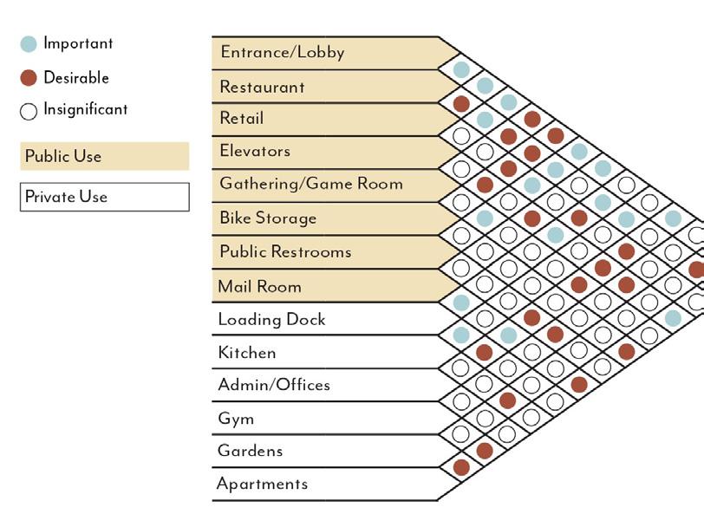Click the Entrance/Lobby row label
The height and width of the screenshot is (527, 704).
pos(283,52)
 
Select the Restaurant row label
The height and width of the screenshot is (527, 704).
pos(262,87)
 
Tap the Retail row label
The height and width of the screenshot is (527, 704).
pos(242,119)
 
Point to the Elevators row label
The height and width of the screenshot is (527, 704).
pos(255,151)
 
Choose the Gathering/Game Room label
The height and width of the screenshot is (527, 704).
pos(311,184)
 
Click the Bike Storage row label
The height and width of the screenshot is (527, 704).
pos(268,218)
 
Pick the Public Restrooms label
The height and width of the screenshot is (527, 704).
pos(285,251)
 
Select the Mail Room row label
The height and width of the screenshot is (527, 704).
pos(260,285)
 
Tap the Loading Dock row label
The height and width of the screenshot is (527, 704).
pos(271,319)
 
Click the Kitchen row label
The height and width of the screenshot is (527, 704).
pos(247,353)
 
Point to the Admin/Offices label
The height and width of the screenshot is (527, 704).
pos(274,385)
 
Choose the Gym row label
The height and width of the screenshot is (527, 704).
pos(236,419)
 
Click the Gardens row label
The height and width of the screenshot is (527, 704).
pos(251,451)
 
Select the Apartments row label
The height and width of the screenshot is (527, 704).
pos(263,484)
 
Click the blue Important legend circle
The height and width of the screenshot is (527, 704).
pos(29,44)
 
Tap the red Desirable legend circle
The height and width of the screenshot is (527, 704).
pos(29,78)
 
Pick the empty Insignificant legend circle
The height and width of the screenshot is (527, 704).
pos(29,111)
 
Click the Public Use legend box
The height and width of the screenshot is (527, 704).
pos(104,157)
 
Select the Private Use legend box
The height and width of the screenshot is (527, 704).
pos(104,197)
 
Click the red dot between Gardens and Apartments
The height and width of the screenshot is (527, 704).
pos(461,467)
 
